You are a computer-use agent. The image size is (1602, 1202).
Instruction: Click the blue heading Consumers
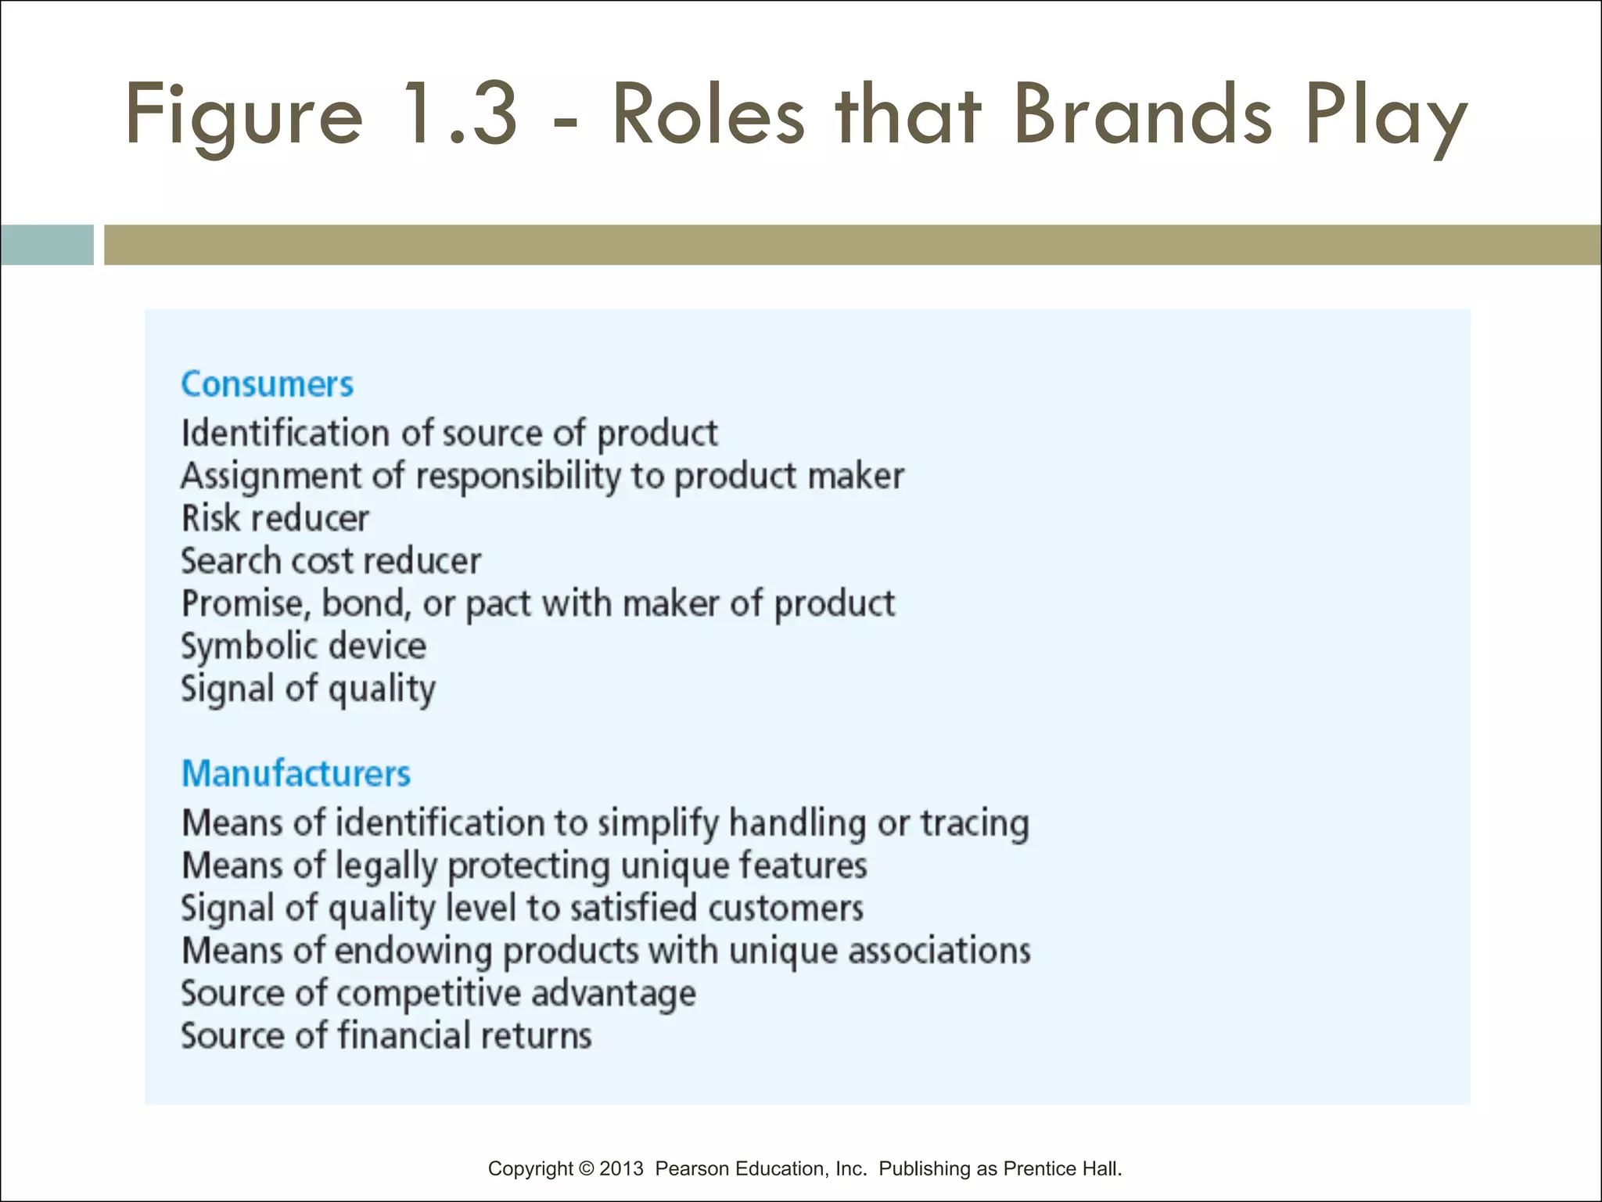(267, 384)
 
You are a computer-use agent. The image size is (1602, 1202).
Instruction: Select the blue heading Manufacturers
(296, 773)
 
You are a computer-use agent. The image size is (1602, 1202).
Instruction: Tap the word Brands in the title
(1143, 115)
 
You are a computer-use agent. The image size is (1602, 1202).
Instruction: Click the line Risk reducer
(275, 518)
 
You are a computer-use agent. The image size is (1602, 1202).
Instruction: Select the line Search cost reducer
(331, 561)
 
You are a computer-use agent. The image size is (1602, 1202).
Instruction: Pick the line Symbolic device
(304, 646)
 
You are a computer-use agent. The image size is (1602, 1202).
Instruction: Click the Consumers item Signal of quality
(308, 689)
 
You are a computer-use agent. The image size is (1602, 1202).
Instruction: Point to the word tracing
(974, 823)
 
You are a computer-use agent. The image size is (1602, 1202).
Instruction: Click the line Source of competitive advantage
(438, 994)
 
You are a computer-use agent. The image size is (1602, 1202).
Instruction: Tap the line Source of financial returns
(386, 1036)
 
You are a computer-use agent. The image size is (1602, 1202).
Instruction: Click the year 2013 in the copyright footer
(621, 1168)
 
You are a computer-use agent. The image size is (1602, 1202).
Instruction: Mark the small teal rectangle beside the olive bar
(47, 245)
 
